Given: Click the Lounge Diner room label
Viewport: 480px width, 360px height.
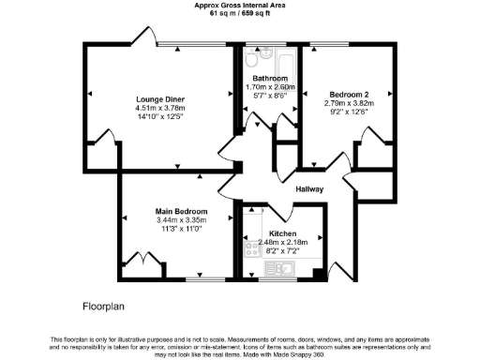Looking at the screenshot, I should pos(159,99).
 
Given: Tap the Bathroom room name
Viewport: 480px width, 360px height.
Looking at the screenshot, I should pos(270,77).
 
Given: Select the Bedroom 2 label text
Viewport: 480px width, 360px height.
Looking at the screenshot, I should pos(350,93).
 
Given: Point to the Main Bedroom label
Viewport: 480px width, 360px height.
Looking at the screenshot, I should pos(181,211).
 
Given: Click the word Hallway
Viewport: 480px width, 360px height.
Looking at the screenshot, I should pos(309,189).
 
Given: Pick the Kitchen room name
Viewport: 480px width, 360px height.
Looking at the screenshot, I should pos(282,233).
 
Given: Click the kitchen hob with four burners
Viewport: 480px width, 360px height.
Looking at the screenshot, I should pos(252,248).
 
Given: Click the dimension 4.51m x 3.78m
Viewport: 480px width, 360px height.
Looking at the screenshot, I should pos(159,108).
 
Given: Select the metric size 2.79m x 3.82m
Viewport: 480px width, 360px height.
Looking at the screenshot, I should pos(350,102).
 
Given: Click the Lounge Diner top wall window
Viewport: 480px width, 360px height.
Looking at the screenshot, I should pos(192,44).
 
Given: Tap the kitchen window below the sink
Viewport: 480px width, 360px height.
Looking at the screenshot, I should pos(278,278).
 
